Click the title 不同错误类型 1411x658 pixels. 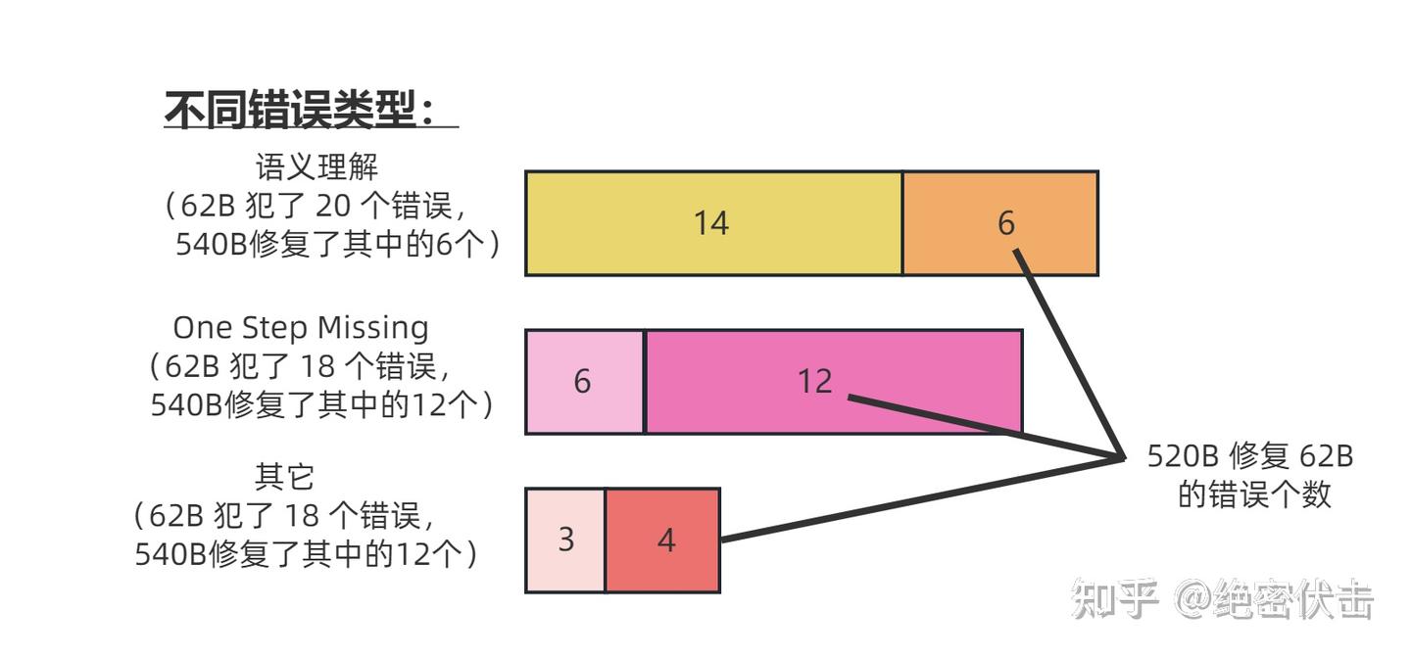(x=300, y=110)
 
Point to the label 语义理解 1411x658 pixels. (x=316, y=166)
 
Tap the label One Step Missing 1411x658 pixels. (x=301, y=327)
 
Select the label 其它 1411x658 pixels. (x=284, y=477)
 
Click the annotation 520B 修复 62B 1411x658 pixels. (x=1250, y=456)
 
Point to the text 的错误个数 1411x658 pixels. (x=1254, y=494)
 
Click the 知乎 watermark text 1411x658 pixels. (x=1115, y=598)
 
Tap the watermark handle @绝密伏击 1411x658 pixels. (x=1274, y=598)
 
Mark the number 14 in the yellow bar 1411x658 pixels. (x=711, y=223)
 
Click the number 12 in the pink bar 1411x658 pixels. (x=814, y=381)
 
